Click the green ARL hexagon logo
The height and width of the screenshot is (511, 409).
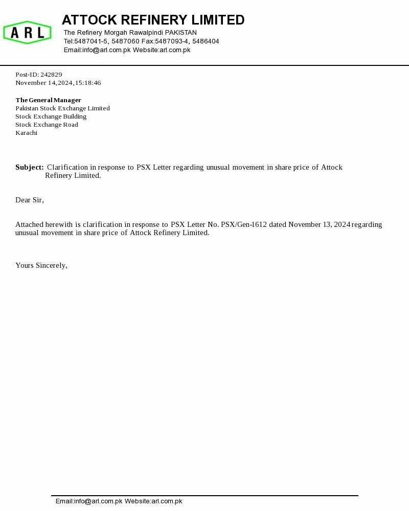pyautogui.click(x=27, y=33)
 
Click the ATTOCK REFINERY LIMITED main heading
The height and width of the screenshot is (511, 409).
pyautogui.click(x=153, y=20)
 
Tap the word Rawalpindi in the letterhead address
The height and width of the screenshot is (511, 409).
pyautogui.click(x=146, y=33)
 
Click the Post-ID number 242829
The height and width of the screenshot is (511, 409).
pyautogui.click(x=51, y=75)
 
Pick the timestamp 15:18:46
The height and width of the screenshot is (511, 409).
pyautogui.click(x=88, y=83)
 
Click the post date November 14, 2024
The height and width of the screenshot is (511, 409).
pyautogui.click(x=44, y=83)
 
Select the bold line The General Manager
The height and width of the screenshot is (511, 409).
pyautogui.click(x=48, y=100)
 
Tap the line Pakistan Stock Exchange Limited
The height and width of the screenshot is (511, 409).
pyautogui.click(x=62, y=108)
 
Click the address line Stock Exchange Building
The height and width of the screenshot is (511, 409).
pyautogui.click(x=51, y=117)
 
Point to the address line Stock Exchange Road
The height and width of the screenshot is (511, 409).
pyautogui.click(x=47, y=125)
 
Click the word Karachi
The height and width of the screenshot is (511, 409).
pyautogui.click(x=26, y=133)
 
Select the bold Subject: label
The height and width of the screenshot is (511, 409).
pyautogui.click(x=29, y=167)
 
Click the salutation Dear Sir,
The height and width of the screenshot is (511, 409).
pyautogui.click(x=30, y=200)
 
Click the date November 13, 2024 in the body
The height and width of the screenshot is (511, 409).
pyautogui.click(x=319, y=224)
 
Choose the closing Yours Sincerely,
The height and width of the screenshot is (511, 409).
pyautogui.click(x=41, y=265)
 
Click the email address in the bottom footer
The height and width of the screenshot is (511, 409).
pyautogui.click(x=89, y=501)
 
